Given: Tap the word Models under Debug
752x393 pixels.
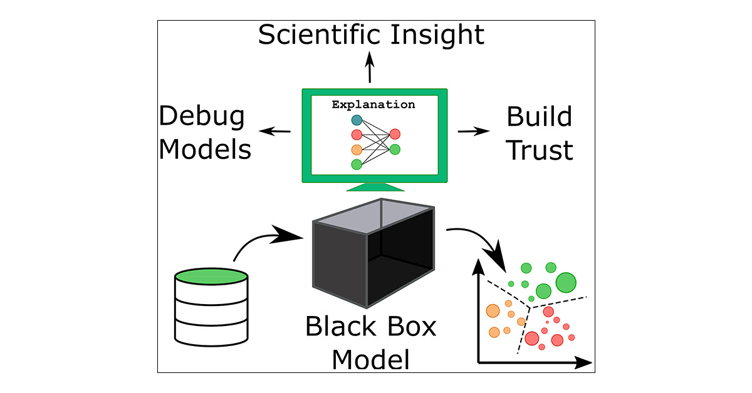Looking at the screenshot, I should [x=205, y=150].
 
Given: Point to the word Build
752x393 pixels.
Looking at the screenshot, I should [x=539, y=117].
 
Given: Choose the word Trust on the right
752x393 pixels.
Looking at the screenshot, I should [x=539, y=150].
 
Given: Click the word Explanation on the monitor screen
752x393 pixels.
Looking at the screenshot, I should [x=373, y=105].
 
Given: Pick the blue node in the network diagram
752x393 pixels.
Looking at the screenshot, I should [x=357, y=120].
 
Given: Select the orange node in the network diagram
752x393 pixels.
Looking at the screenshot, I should [x=357, y=150].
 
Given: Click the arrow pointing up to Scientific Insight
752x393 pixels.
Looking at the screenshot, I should [x=370, y=67].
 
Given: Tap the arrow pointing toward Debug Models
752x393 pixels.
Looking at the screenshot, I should [x=275, y=131].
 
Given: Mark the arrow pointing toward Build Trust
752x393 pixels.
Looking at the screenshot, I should [x=474, y=131].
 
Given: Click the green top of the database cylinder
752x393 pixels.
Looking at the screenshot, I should [x=211, y=275].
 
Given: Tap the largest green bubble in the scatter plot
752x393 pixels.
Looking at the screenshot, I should [x=565, y=282].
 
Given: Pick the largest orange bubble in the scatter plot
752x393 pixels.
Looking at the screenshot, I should [x=493, y=310].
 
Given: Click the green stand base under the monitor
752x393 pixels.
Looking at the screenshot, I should [x=374, y=188].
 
